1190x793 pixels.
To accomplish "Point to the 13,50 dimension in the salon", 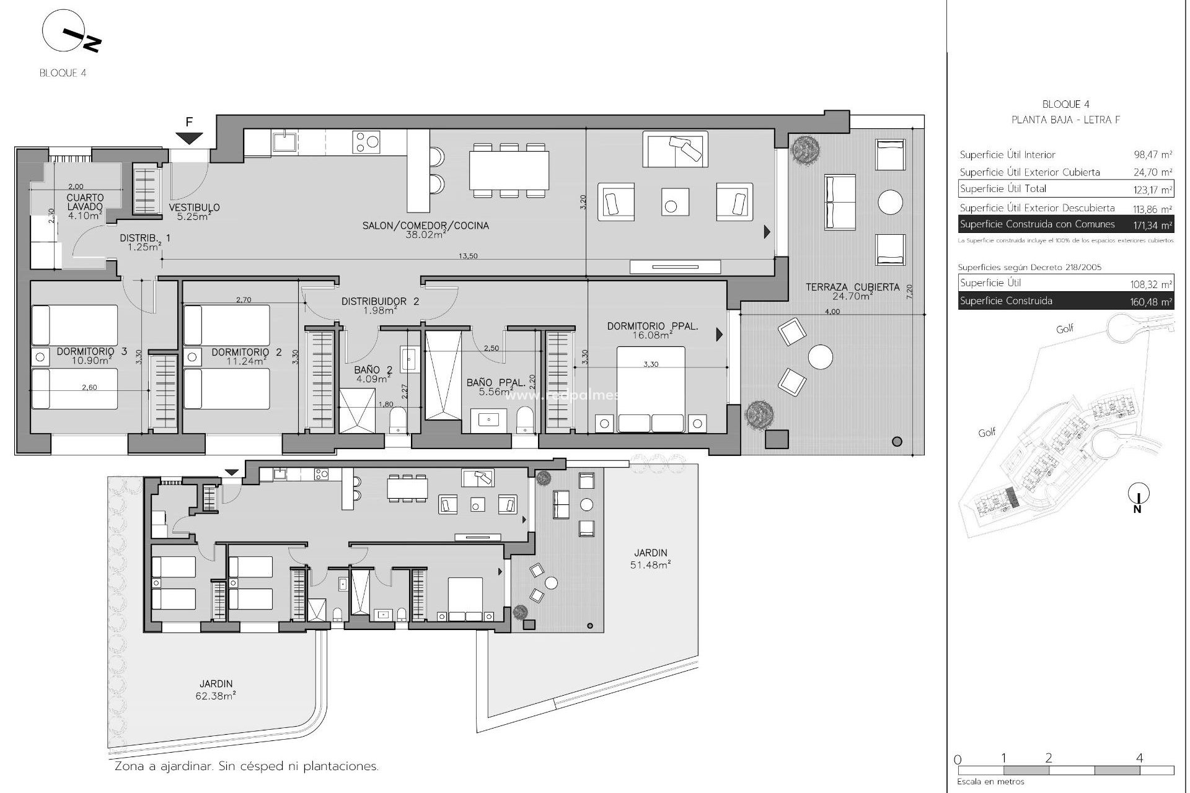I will point(468,256).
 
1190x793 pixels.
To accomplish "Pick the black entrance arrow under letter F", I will point(189,139).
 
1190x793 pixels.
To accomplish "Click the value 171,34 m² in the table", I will point(1152,225).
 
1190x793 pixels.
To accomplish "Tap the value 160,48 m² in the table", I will point(1152,302).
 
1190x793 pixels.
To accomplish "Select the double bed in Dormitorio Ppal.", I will point(651,389).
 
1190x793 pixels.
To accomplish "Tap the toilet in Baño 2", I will point(397,421).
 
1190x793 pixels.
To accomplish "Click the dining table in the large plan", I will point(508,170).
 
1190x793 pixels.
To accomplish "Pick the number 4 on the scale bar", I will point(1139,758).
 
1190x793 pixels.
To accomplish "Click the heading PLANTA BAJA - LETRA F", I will point(1065,120).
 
